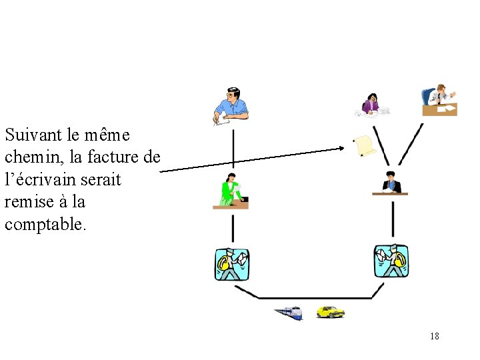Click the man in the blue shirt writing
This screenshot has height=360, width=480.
[x=231, y=105]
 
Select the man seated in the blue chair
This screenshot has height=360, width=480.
[x=439, y=100]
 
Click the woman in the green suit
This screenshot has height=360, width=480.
[x=231, y=191]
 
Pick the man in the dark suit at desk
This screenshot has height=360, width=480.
[x=390, y=183]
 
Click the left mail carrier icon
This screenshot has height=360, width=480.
[x=232, y=264]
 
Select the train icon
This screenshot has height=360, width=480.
[x=288, y=312]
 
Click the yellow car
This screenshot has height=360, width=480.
[x=330, y=311]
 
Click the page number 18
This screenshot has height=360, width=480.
[x=435, y=336]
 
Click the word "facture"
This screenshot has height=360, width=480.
[x=113, y=157]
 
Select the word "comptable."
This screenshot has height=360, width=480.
[x=45, y=225]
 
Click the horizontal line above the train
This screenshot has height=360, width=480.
[x=313, y=298]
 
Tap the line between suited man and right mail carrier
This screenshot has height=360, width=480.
[x=393, y=220]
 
